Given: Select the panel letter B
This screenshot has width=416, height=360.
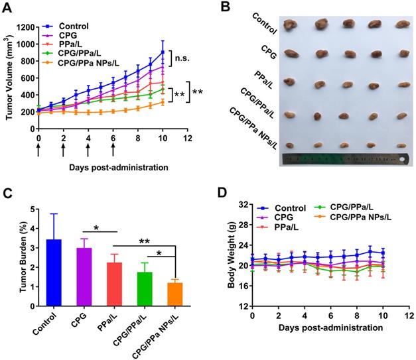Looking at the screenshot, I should pyautogui.click(x=226, y=7).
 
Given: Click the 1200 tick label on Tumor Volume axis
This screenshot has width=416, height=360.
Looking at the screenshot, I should pyautogui.click(x=23, y=27).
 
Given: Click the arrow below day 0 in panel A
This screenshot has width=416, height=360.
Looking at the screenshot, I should pyautogui.click(x=38, y=150).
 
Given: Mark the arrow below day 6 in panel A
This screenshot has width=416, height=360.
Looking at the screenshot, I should pyautogui.click(x=113, y=150).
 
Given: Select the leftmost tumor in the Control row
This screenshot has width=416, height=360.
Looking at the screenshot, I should pyautogui.click(x=291, y=25).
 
